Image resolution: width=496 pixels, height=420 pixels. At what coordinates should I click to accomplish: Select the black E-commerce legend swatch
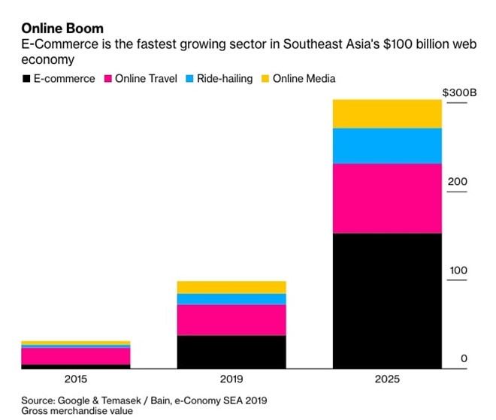[x=27, y=78]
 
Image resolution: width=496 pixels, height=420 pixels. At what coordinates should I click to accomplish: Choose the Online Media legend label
[x=304, y=78]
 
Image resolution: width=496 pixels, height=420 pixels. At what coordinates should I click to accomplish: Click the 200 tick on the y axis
[x=458, y=182]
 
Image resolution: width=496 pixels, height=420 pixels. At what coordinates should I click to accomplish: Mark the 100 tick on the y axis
[x=458, y=270]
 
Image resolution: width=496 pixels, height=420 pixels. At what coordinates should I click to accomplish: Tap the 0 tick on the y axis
[x=464, y=358]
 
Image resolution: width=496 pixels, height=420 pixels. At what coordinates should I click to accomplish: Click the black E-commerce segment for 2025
[x=387, y=301]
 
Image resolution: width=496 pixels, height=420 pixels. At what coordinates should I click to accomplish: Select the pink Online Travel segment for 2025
[x=387, y=198]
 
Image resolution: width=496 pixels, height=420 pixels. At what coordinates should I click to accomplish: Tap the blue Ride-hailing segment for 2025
[x=387, y=146]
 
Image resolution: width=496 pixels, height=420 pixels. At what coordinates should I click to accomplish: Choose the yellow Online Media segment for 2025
[x=387, y=113]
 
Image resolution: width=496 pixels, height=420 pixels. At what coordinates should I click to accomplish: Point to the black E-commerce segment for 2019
[x=231, y=352]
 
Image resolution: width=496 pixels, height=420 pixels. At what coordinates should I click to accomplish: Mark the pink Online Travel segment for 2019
[x=231, y=320]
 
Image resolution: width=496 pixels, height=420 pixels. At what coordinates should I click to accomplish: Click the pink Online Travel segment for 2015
[x=76, y=356]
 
